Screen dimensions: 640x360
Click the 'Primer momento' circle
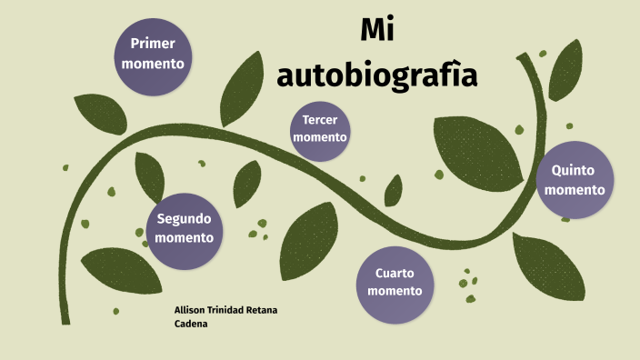pyautogui.click(x=153, y=54)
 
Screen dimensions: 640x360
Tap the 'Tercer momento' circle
pyautogui.click(x=320, y=130)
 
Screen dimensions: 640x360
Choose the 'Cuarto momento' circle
pyautogui.click(x=395, y=281)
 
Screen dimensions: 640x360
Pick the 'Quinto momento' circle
pyautogui.click(x=575, y=180)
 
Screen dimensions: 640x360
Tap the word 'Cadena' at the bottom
pyautogui.click(x=190, y=324)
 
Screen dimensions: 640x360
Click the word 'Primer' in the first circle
pyautogui.click(x=153, y=44)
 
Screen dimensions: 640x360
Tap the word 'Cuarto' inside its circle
pyautogui.click(x=395, y=272)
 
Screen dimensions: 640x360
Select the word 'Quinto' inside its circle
pyautogui.click(x=575, y=170)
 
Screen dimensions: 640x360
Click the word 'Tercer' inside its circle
pyautogui.click(x=320, y=120)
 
